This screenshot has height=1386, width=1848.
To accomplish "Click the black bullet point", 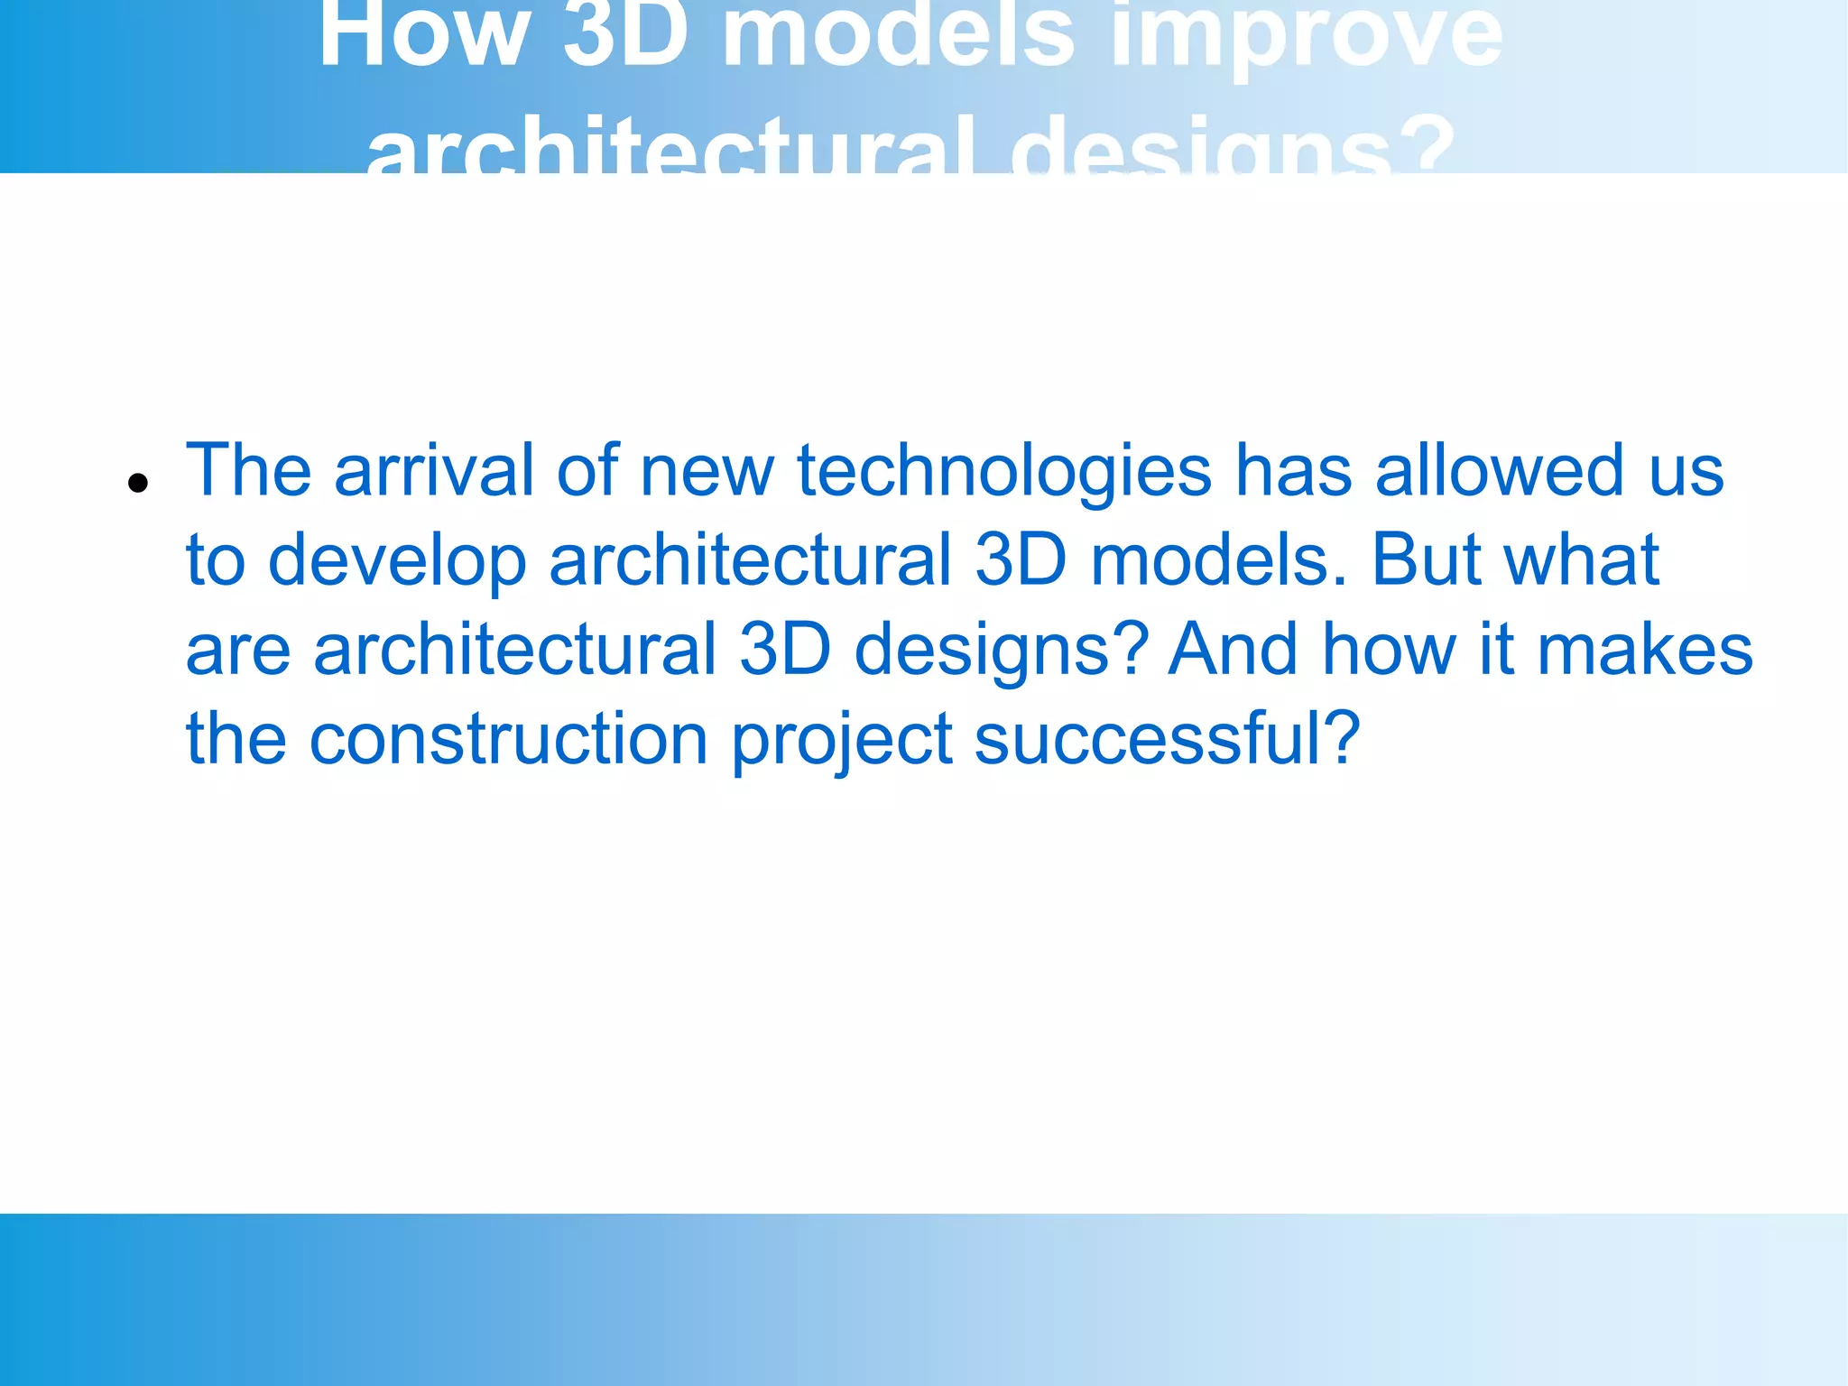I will pyautogui.click(x=138, y=483).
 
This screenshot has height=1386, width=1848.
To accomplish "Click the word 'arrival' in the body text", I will pyautogui.click(x=434, y=471).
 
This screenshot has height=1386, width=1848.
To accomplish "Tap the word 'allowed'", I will pyautogui.click(x=1499, y=471).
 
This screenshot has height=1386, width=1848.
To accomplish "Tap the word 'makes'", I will pyautogui.click(x=1644, y=650).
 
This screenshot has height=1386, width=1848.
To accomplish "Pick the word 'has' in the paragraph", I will pyautogui.click(x=1293, y=471).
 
